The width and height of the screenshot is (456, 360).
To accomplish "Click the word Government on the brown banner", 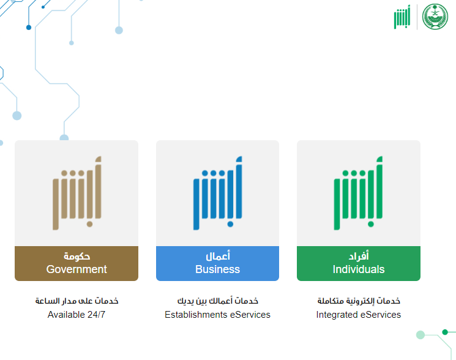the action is coord(77,269).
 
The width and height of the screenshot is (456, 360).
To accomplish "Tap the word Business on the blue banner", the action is coord(217,269).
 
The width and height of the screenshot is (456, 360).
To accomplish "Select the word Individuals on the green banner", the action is coord(359,269).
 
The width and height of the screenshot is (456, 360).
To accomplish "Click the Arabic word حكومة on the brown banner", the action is coord(77,256).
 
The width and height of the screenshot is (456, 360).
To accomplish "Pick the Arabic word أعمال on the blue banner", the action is coord(218,256).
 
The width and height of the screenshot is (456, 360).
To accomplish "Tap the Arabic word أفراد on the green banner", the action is coord(359,256).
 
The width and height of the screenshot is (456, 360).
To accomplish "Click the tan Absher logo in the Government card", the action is coord(77,193).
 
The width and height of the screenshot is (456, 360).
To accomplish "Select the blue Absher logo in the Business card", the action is coord(217,193).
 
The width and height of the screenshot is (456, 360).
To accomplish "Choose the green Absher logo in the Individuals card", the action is coord(358,193).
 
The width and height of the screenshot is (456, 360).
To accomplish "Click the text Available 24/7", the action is coord(77,315).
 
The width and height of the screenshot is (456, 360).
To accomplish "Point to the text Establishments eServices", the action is coord(217,315).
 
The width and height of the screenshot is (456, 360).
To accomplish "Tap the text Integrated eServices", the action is coord(359,315).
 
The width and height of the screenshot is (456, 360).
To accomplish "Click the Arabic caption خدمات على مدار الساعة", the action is coord(77,301).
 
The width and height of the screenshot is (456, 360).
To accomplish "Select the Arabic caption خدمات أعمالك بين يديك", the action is coord(218,301).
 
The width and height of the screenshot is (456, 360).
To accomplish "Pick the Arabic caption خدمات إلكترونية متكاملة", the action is coord(359,301).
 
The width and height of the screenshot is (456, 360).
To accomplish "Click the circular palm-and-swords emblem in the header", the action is coord(435,17).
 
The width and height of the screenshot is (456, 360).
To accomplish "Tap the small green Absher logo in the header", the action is coord(402,17).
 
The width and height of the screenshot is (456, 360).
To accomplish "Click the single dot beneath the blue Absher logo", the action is coord(230,224).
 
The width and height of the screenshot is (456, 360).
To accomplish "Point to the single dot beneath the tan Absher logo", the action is coord(89,224).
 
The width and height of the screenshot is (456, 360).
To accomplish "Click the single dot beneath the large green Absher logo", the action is coord(371,224).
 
